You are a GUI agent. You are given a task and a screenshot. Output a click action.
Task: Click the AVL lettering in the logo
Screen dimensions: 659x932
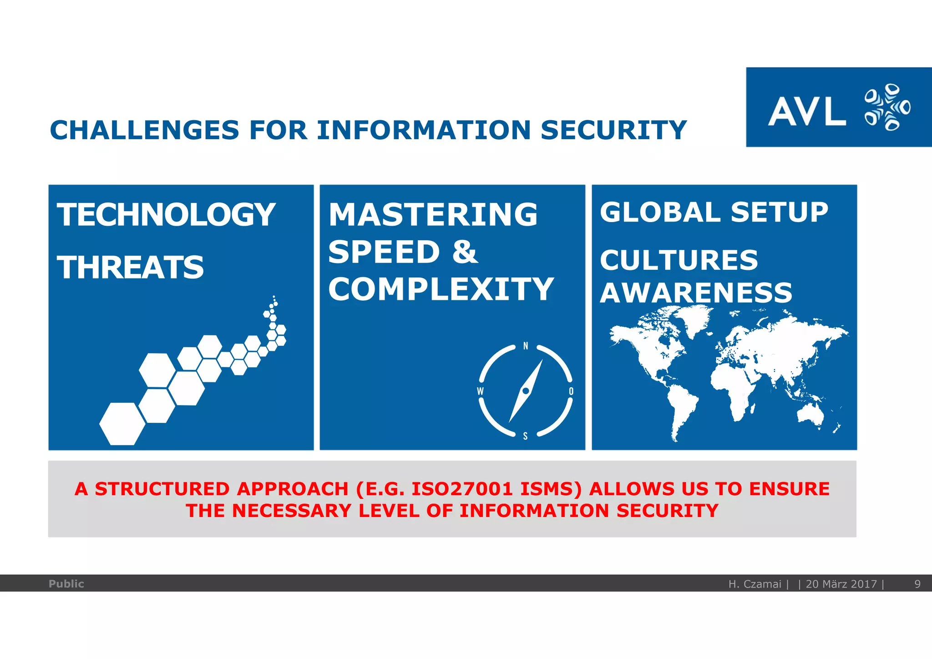[x=807, y=111]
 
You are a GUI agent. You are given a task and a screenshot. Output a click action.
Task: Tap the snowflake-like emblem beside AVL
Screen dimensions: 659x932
[x=887, y=107]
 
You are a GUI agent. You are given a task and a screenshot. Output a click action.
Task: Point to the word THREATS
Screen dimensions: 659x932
[x=131, y=267]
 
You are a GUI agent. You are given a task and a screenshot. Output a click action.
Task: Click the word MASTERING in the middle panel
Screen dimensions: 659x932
[x=433, y=214]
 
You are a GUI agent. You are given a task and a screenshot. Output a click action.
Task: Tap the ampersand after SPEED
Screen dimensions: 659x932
[x=465, y=252]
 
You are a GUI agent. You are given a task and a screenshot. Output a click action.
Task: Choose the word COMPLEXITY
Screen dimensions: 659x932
[x=441, y=289]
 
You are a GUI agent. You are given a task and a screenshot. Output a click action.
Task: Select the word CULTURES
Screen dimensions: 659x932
[x=679, y=260]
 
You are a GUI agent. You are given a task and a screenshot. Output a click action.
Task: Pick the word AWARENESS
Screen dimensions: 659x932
[x=696, y=292]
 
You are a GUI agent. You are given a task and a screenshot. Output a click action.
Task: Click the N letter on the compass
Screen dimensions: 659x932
[x=526, y=346]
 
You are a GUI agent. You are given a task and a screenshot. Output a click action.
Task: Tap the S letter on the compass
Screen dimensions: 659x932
[x=525, y=436]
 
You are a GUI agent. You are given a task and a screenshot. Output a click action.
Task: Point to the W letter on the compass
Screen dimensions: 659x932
[x=480, y=391]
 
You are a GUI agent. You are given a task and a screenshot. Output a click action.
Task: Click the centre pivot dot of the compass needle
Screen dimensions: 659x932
[x=526, y=391]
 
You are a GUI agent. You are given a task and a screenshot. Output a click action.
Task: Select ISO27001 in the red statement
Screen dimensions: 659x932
[x=462, y=489]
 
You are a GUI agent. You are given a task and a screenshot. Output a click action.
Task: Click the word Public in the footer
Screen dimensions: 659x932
[x=66, y=584]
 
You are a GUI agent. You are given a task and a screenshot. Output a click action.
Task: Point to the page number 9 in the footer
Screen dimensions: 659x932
[x=917, y=584]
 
